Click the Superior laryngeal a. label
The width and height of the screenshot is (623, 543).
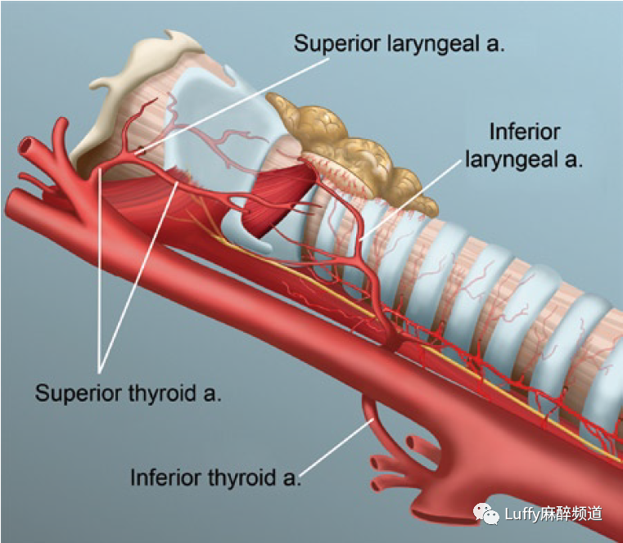tap(400, 43)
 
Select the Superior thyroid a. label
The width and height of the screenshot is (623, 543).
tap(129, 393)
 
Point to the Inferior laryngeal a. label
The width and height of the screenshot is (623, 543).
tap(524, 145)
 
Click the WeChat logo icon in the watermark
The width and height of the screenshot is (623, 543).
tap(484, 513)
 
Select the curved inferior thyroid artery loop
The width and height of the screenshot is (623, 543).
tap(371, 417)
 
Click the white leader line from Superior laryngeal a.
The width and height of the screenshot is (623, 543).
tap(221, 102)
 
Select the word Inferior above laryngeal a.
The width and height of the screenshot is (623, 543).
tap(524, 132)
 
